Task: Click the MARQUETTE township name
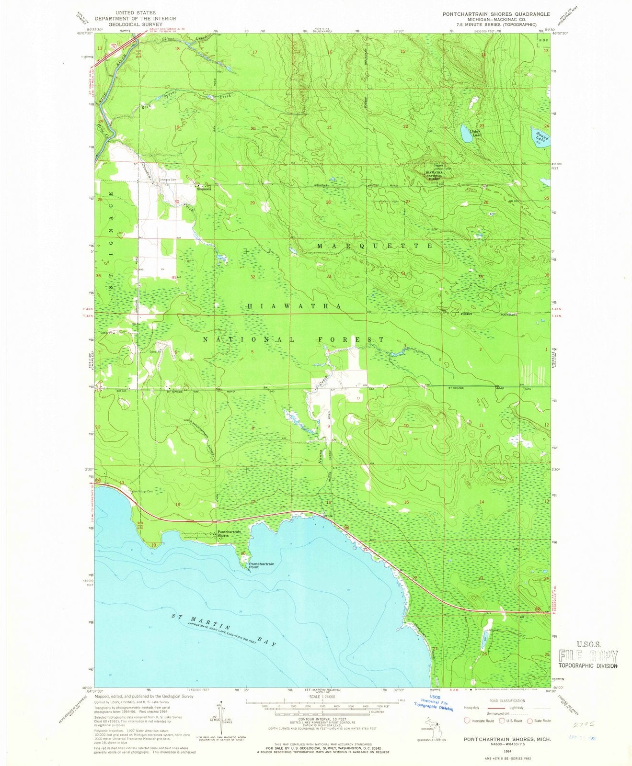click(375, 246)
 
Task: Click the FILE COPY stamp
click(588, 655)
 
